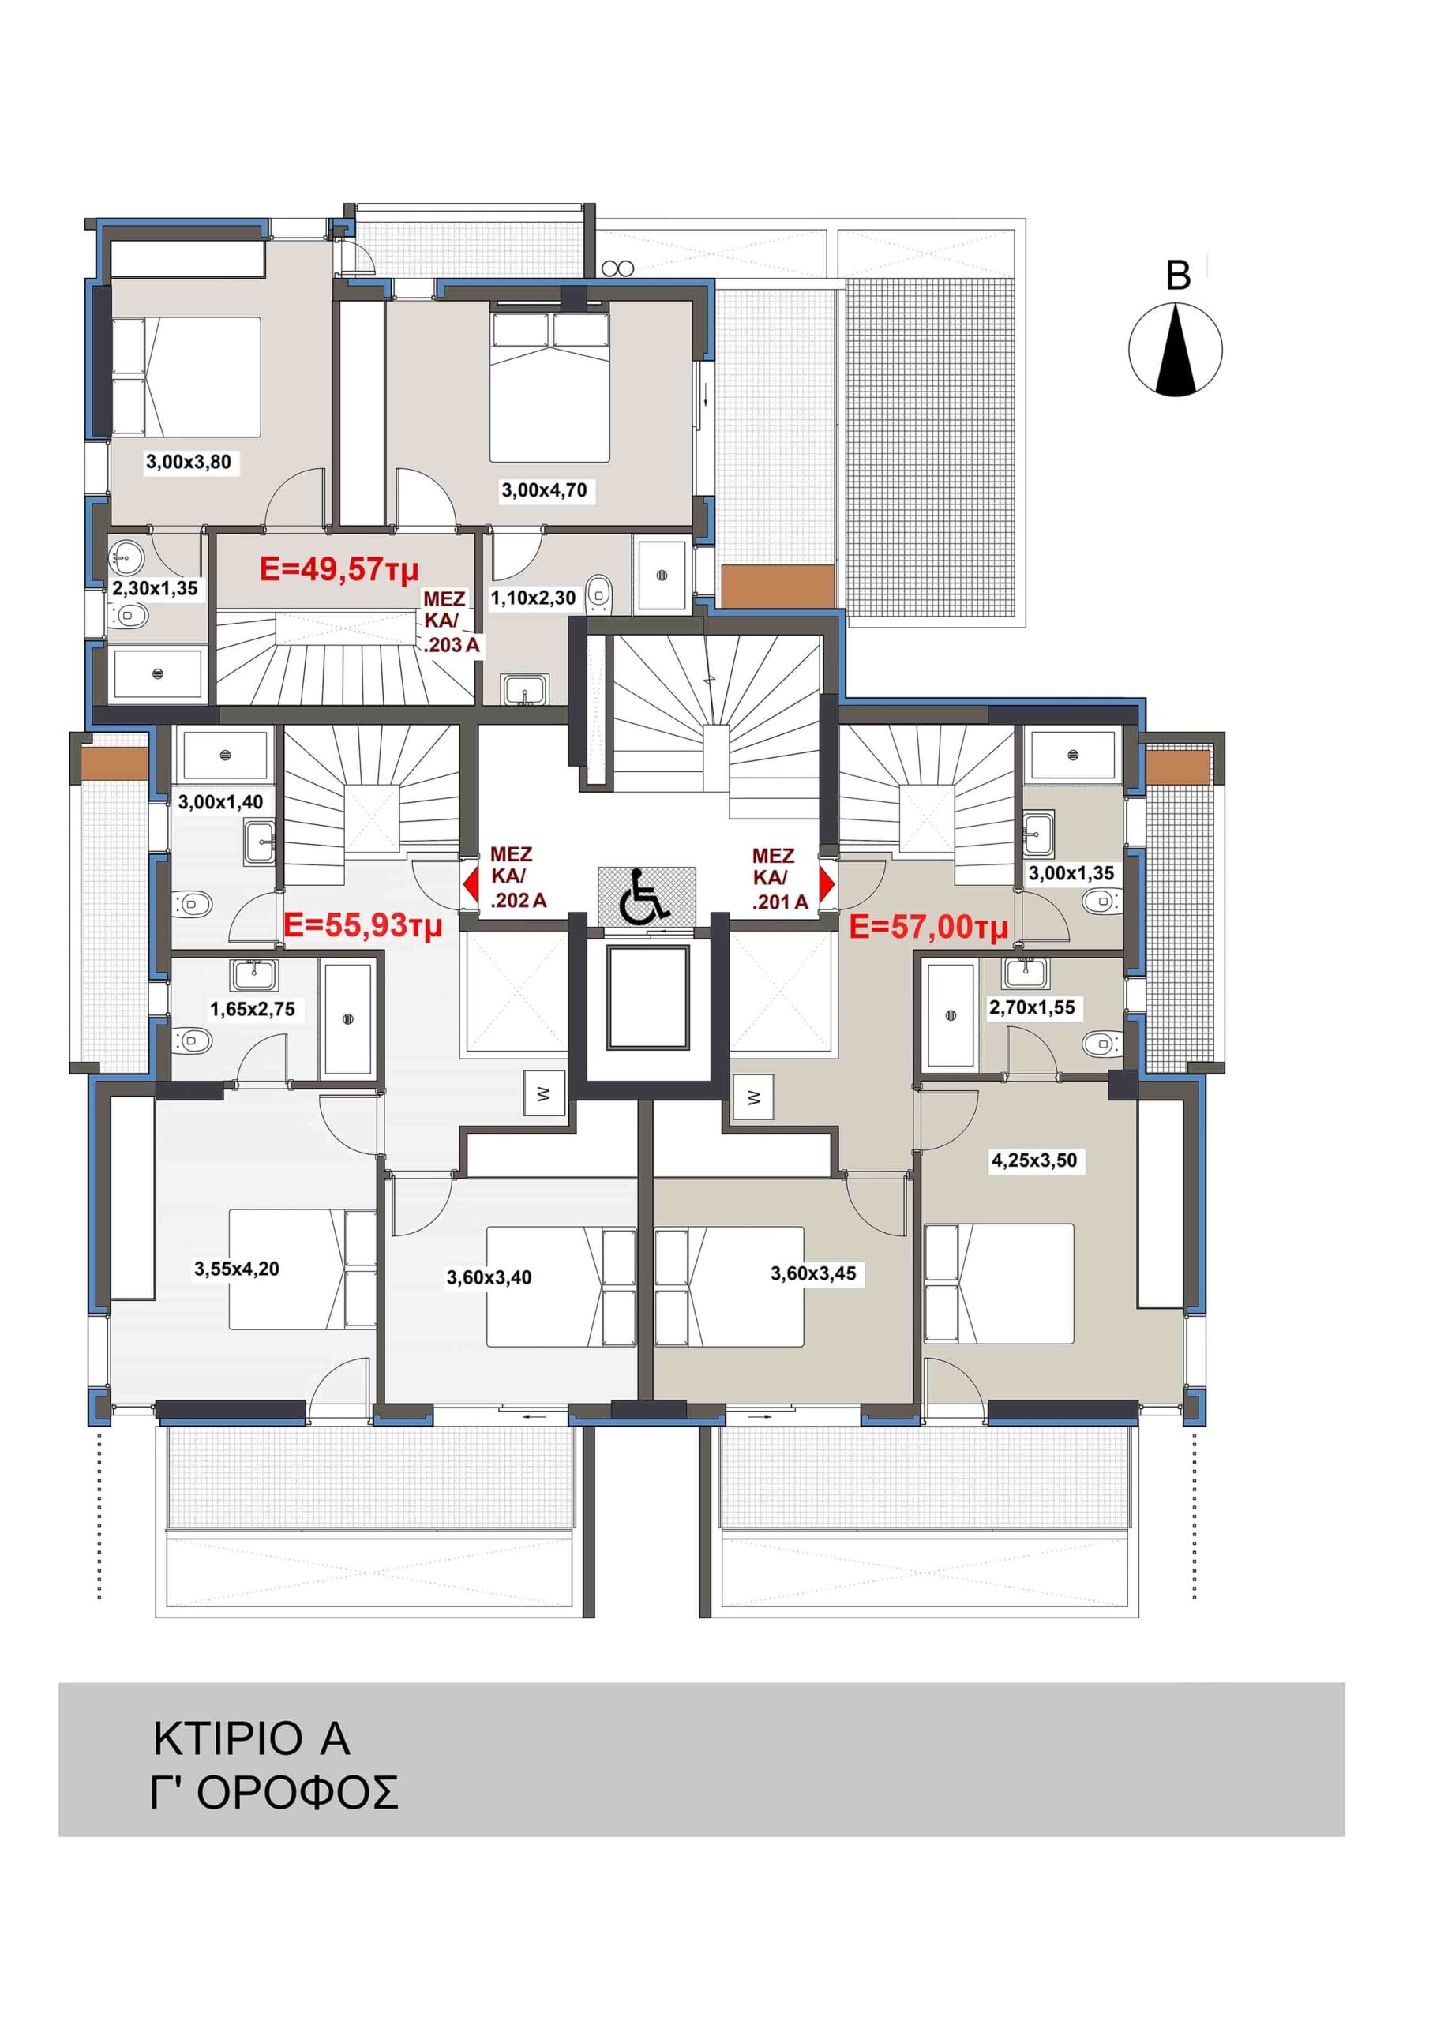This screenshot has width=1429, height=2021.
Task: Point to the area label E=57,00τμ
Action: point(928,927)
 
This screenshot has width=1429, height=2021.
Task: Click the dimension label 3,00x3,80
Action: point(189,462)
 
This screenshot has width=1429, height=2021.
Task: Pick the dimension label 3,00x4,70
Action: point(544,490)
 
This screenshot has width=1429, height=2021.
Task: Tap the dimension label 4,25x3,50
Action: point(1034,1160)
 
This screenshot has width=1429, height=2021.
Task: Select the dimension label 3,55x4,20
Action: point(237,1269)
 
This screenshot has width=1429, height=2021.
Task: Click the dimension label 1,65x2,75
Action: point(253,1009)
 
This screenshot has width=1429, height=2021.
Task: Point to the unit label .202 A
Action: point(519,901)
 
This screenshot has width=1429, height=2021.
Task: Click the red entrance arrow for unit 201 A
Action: point(826,885)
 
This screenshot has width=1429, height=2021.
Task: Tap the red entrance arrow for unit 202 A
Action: point(471,885)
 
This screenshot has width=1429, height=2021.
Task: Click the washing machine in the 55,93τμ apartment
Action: point(543,1094)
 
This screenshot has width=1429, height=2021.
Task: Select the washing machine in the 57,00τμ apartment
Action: point(753,1097)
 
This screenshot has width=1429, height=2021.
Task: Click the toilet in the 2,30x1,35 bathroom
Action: point(131,615)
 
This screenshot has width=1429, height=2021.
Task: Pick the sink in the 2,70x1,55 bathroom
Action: point(1025,972)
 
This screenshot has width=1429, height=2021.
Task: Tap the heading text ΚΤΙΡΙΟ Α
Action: point(252,1739)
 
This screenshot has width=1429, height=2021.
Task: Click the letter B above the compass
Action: point(1178,276)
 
